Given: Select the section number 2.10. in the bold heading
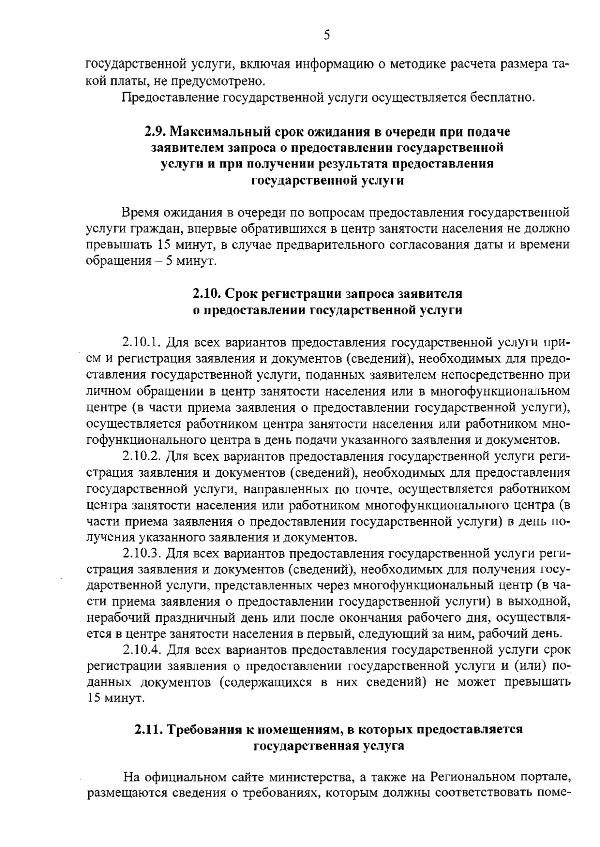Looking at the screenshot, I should (207, 293).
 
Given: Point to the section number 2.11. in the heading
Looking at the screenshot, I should (148, 729).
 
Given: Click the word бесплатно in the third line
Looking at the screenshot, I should (510, 96).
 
